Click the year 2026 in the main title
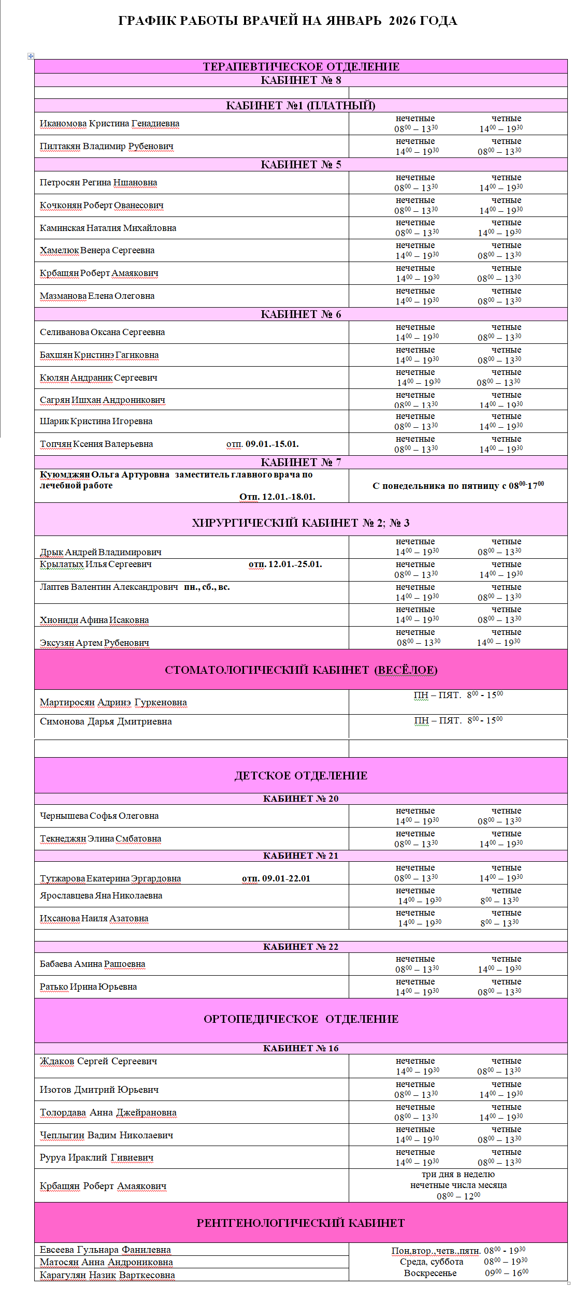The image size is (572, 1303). pyautogui.click(x=402, y=21)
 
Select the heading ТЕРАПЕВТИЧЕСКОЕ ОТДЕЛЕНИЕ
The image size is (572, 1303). pyautogui.click(x=301, y=66)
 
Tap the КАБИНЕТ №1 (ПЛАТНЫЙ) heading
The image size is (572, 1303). pyautogui.click(x=301, y=106)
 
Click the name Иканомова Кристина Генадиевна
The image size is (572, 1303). pyautogui.click(x=109, y=124)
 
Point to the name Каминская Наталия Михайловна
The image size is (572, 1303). pyautogui.click(x=108, y=228)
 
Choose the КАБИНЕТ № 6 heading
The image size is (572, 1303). pyautogui.click(x=301, y=314)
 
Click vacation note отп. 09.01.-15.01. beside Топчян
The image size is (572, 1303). pyautogui.click(x=262, y=444)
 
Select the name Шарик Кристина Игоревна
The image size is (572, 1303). pyautogui.click(x=96, y=422)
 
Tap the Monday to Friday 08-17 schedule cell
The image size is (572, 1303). pyautogui.click(x=458, y=486)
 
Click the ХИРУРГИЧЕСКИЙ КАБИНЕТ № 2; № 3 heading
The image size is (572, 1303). pyautogui.click(x=301, y=523)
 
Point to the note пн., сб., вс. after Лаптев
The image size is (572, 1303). pyautogui.click(x=207, y=587)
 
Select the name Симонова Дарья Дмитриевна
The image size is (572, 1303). pyautogui.click(x=106, y=722)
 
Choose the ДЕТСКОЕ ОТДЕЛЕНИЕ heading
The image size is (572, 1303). pyautogui.click(x=301, y=776)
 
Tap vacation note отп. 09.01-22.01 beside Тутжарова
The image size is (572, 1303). pyautogui.click(x=276, y=878)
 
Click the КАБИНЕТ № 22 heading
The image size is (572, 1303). pyautogui.click(x=301, y=947)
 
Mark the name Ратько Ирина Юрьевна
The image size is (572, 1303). pyautogui.click(x=88, y=987)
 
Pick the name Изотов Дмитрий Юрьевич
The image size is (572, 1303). pyautogui.click(x=99, y=1090)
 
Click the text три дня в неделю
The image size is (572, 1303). pyautogui.click(x=458, y=1174)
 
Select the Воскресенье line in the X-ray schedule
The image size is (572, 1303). pyautogui.click(x=431, y=1273)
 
